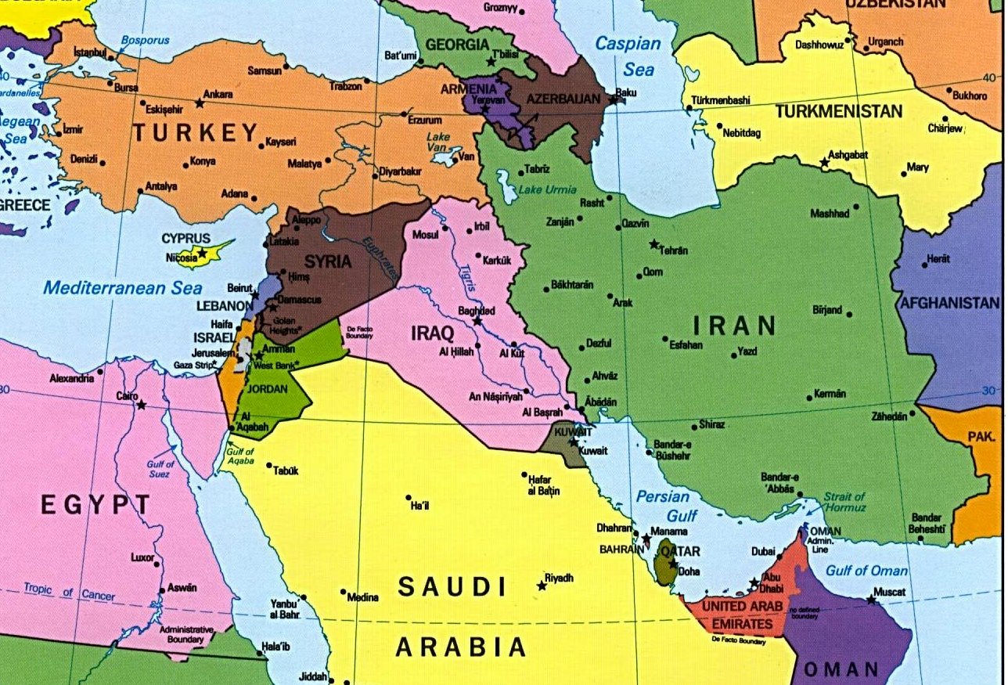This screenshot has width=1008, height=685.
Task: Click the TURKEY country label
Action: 195,132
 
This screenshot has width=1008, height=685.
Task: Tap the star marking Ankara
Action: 200,103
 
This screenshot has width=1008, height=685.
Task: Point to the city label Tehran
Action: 674,251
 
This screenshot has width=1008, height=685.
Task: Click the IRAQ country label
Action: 433,333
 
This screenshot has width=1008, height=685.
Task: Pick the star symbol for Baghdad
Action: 477,321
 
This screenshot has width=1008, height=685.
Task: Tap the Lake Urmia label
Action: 548,189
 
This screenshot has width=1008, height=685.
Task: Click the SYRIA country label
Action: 328,261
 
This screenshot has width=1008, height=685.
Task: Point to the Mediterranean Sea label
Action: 116,287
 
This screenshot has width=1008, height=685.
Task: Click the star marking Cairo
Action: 142,405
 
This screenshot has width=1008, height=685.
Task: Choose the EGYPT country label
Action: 95,505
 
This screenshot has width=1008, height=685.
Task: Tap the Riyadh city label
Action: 560,578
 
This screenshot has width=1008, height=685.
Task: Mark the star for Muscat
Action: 871,600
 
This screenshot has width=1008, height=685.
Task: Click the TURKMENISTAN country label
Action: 838,112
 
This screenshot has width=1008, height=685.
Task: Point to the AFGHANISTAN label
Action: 949,303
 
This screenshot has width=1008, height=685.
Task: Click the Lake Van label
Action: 439,142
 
